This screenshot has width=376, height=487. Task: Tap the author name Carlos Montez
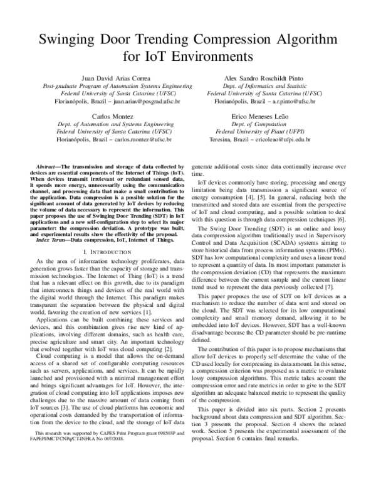click(103, 117)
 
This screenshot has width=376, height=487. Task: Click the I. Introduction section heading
click(103, 250)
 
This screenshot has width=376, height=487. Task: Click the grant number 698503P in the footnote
click(157, 468)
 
